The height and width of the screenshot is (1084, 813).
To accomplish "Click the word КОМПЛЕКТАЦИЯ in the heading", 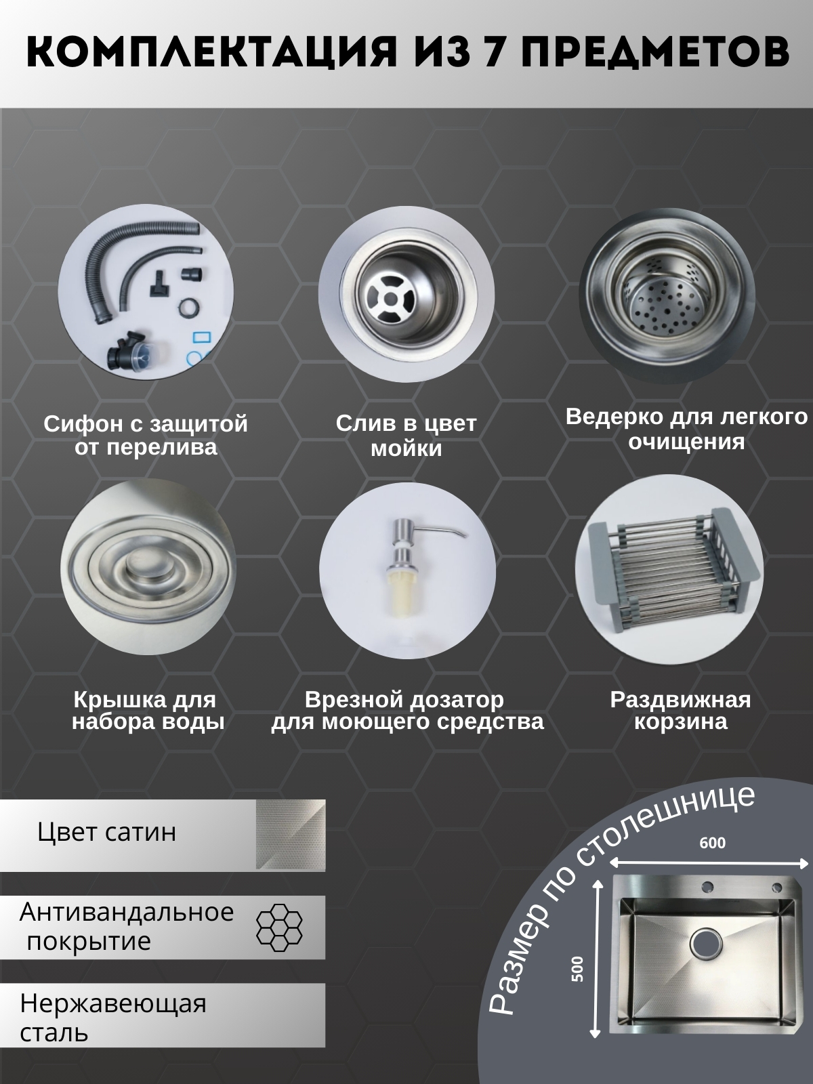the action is pyautogui.click(x=212, y=52).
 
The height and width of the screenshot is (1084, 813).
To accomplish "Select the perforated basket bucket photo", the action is pyautogui.click(x=667, y=295).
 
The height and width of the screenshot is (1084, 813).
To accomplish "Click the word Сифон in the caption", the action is pyautogui.click(x=77, y=424).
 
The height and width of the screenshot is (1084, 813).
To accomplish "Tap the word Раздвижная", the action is pyautogui.click(x=681, y=700).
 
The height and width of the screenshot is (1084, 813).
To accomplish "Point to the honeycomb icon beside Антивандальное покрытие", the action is pyautogui.click(x=279, y=927).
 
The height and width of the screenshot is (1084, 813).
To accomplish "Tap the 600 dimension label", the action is pyautogui.click(x=712, y=843).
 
